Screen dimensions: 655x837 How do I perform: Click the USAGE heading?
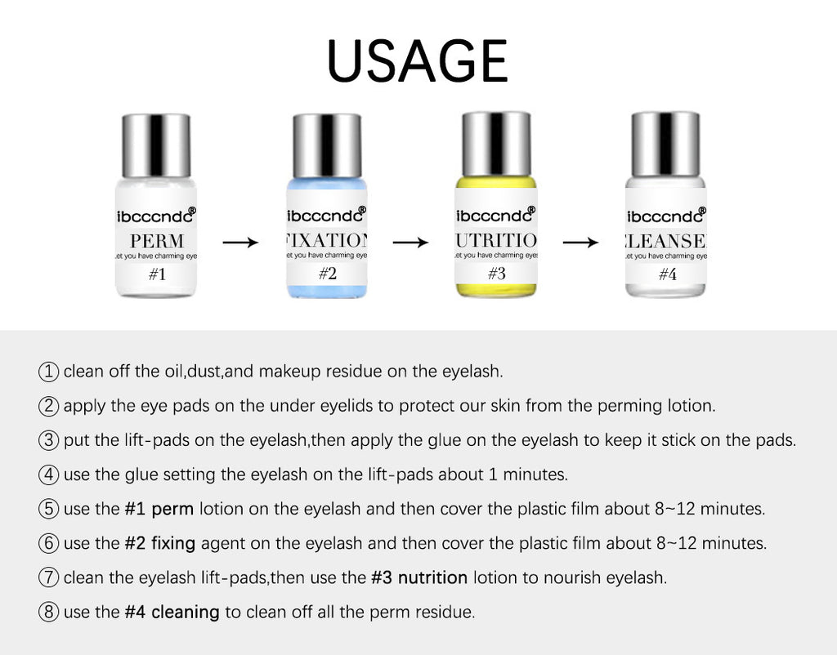coord(418,61)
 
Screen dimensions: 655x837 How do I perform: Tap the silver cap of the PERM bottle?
coord(156,145)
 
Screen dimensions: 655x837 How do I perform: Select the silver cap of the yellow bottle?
coord(496,144)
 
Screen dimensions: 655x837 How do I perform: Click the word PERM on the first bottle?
coord(156,241)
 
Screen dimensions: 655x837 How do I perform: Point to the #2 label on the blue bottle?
coord(327,274)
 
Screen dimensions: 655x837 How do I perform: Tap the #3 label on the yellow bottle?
coord(496,274)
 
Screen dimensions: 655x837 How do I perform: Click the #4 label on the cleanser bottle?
coord(667,274)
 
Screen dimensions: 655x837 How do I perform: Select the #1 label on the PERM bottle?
coord(157,274)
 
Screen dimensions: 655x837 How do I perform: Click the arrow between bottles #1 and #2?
coord(240,243)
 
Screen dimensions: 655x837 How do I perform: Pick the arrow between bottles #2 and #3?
coord(410,243)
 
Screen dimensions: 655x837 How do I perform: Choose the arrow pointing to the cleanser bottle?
coord(580,243)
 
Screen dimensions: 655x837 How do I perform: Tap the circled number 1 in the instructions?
coord(48,372)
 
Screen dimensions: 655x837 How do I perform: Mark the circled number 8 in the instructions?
coord(48,612)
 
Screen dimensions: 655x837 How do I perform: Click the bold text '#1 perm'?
coord(159,509)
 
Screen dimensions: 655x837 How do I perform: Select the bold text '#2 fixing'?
coord(160,543)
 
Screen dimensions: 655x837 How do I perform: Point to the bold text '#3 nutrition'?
coord(418,577)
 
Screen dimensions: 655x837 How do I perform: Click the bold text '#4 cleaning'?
coord(172,612)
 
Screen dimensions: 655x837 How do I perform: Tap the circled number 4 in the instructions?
coord(48,475)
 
